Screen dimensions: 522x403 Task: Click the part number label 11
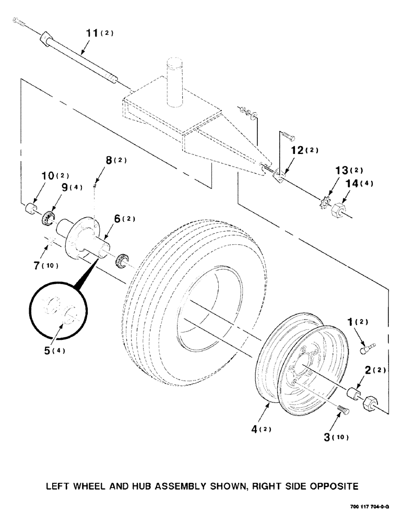click(x=92, y=34)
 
